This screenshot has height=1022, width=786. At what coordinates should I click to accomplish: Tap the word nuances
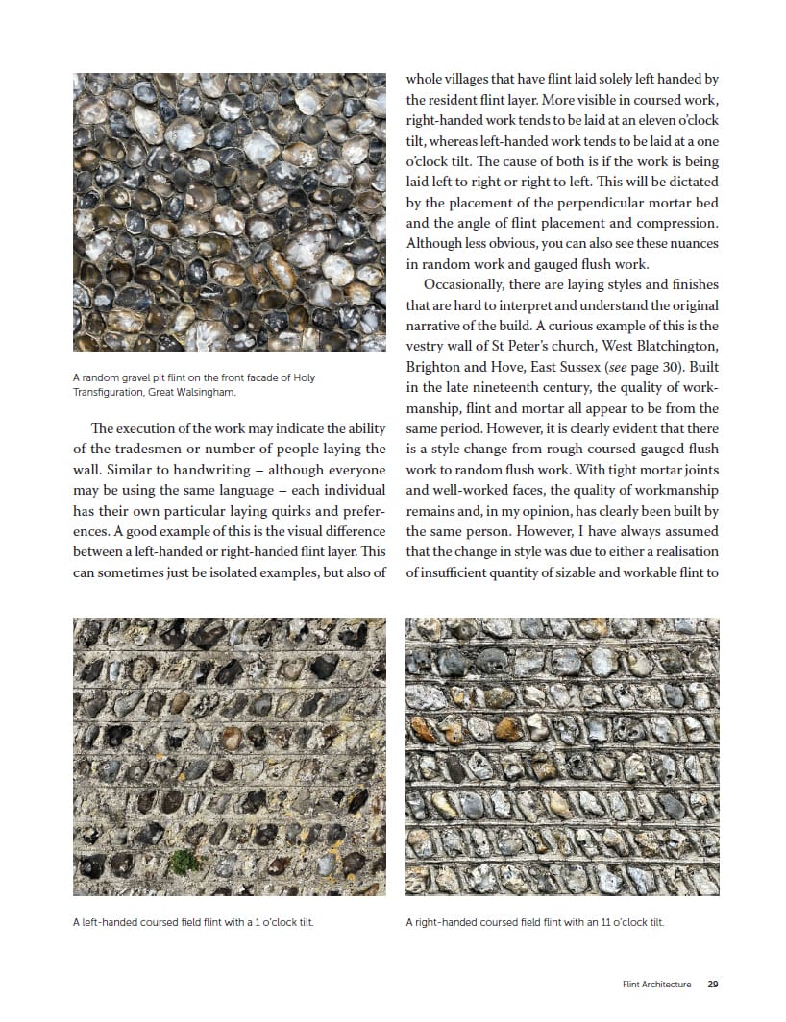[690, 244]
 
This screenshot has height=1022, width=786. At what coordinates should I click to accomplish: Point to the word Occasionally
[468, 285]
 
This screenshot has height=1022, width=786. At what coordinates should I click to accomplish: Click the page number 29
[713, 984]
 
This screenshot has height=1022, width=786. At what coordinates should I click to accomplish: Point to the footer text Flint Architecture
[656, 984]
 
